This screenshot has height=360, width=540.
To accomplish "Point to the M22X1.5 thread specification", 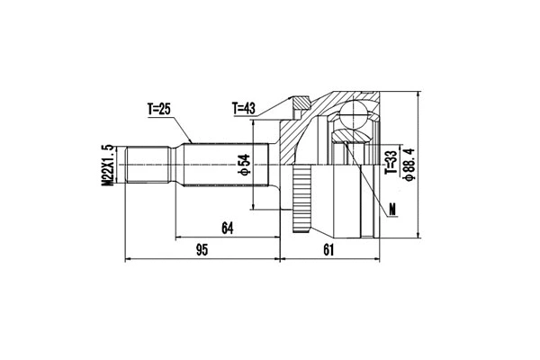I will click(107, 166).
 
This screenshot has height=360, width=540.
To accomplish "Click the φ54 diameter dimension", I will click(242, 166).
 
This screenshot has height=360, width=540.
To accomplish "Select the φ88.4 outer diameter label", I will click(409, 165).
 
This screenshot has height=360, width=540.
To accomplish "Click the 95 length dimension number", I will click(202, 250).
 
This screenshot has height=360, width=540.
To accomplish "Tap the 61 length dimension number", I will click(326, 250).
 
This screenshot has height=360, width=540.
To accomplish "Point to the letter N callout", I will click(393, 212).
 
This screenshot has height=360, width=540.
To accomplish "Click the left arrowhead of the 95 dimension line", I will click(127, 260).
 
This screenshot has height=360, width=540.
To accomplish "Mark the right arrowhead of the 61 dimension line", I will click(370, 260).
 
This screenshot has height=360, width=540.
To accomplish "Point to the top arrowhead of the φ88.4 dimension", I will click(420, 96).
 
